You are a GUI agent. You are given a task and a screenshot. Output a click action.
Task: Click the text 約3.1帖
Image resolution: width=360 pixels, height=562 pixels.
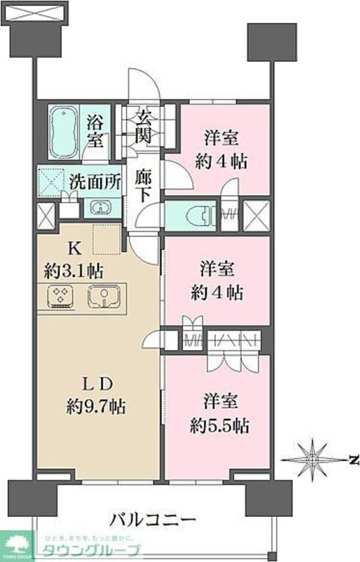coord(74,270)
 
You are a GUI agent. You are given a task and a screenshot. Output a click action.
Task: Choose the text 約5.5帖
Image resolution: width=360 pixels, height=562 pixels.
coord(218,426)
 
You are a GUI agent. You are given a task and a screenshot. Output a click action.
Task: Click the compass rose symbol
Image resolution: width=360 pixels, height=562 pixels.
coord(312,459)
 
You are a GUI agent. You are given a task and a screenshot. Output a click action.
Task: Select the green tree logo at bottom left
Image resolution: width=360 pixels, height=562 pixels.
coord(17,546)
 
